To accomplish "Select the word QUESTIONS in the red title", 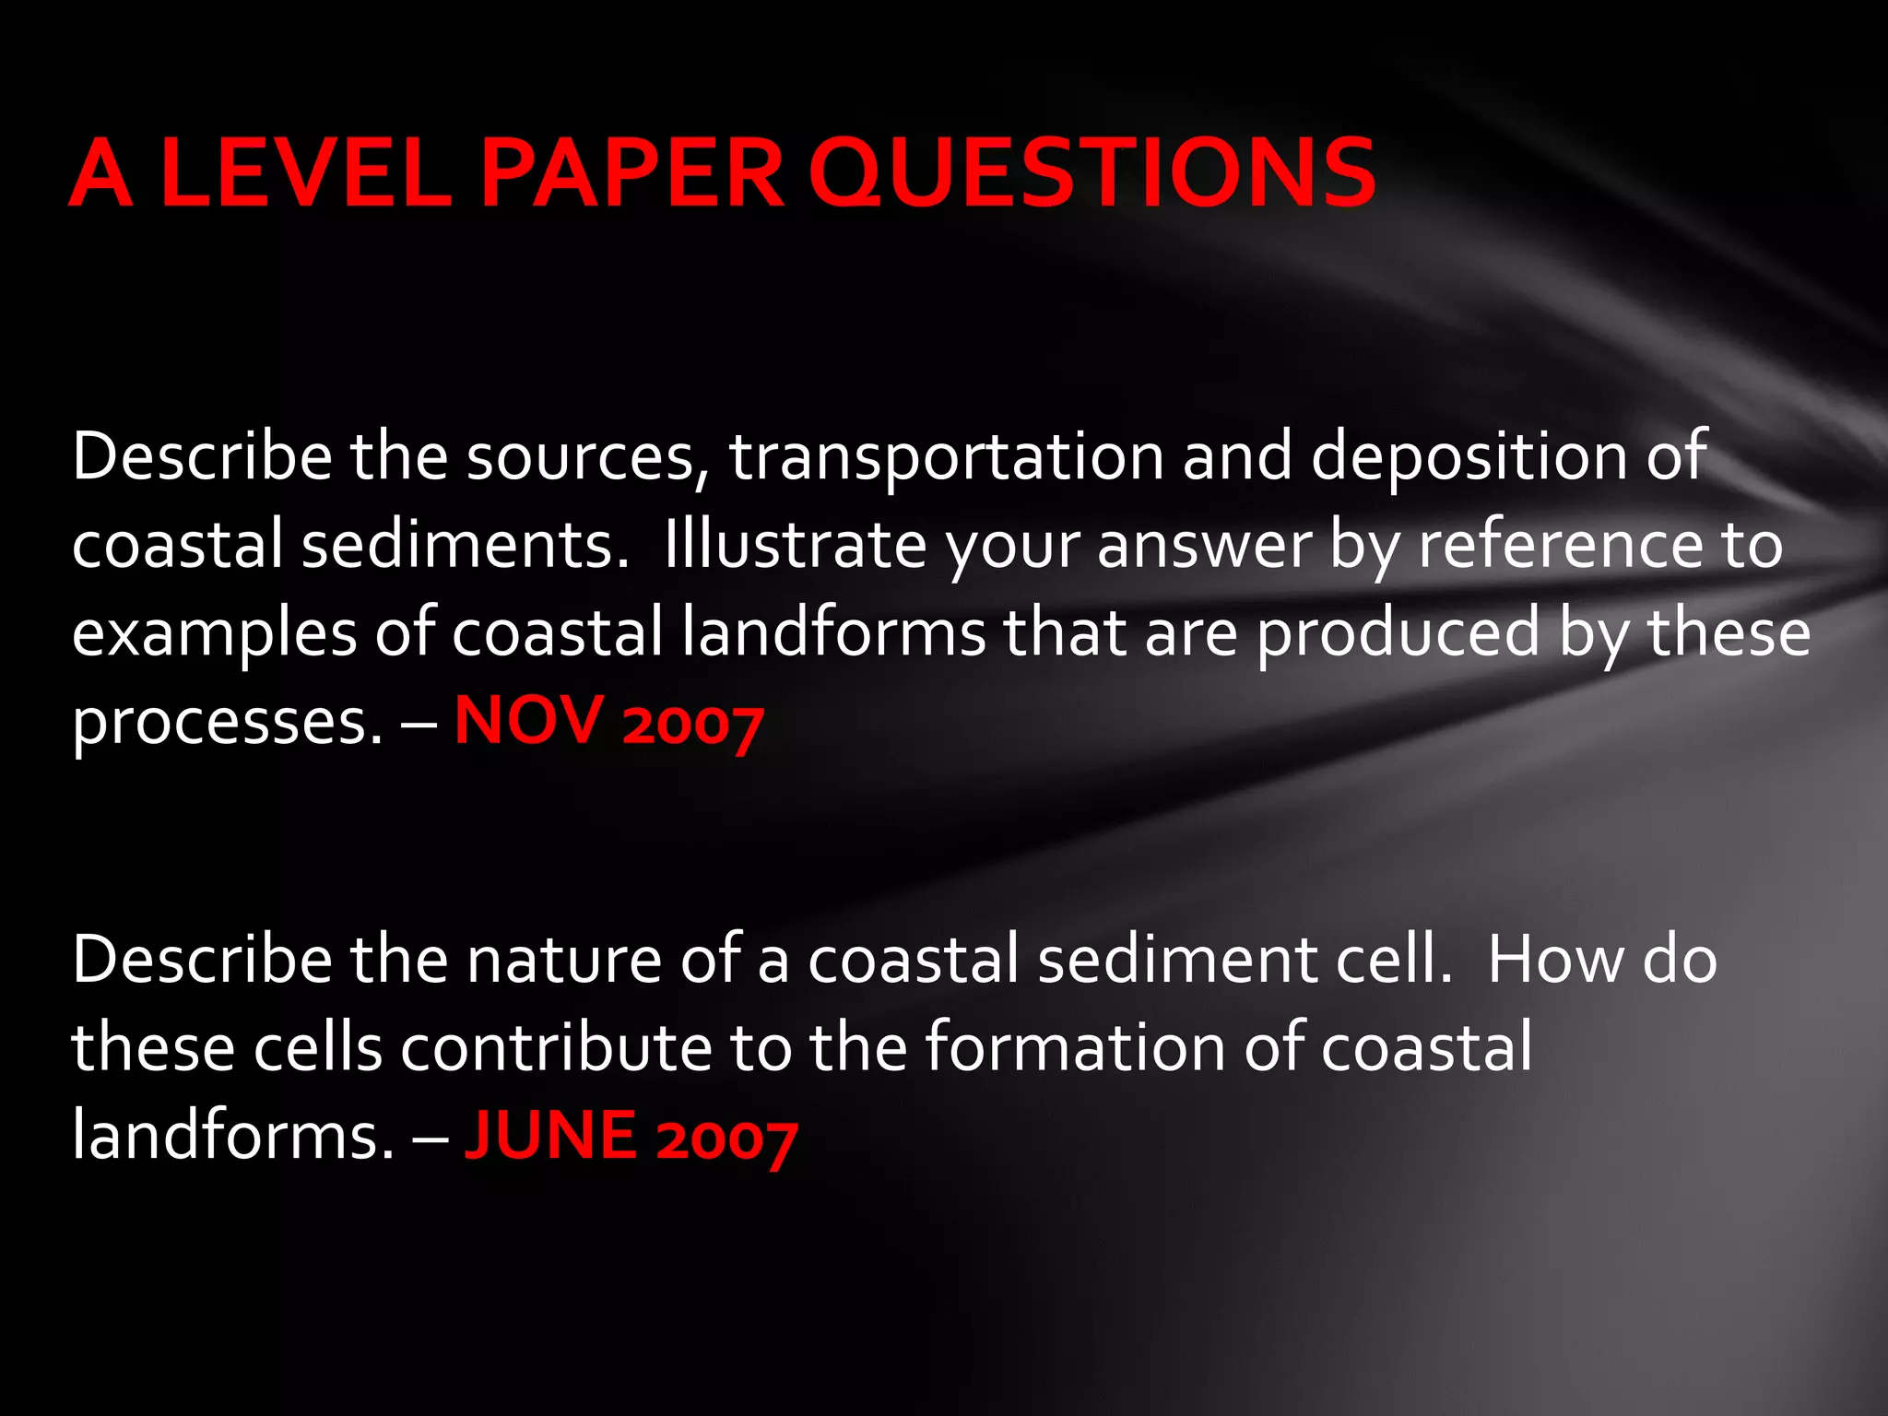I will point(1092,172).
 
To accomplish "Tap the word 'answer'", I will point(1204,546).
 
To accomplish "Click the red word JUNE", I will point(550,1135).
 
